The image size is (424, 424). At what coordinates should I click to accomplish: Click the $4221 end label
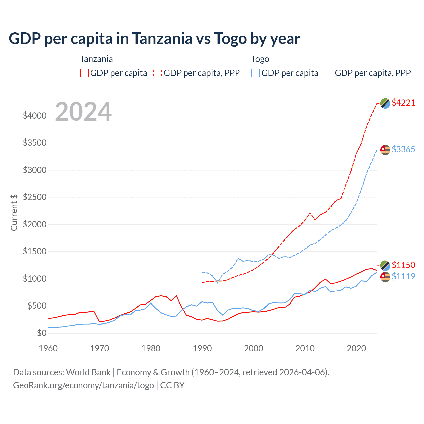point(403,103)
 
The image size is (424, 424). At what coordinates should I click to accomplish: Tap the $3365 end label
point(403,149)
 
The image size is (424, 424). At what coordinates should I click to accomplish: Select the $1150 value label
point(403,265)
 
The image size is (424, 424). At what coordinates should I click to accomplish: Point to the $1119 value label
point(403,276)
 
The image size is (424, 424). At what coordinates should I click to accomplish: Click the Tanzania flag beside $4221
point(385,103)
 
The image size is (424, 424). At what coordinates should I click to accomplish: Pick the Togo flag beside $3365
point(385,150)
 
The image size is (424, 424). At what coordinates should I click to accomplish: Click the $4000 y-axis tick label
point(34,116)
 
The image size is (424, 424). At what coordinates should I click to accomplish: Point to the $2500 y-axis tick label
point(34,197)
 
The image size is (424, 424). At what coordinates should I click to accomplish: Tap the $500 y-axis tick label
point(37,306)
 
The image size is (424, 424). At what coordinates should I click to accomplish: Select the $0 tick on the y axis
point(42,333)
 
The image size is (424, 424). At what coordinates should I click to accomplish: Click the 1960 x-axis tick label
point(48,348)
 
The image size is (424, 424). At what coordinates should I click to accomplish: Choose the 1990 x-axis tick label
point(202,348)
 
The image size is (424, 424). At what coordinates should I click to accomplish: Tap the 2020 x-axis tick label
point(356,348)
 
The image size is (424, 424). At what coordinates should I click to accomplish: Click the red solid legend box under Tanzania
point(84,73)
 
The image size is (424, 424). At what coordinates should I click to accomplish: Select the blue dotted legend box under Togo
point(329,73)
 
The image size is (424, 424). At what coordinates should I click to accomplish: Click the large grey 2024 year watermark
point(83,112)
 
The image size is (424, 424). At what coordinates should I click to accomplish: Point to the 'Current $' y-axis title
point(14,212)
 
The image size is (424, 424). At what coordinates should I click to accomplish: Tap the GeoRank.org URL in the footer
point(83,385)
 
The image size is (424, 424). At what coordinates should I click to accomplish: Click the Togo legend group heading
point(260,59)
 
